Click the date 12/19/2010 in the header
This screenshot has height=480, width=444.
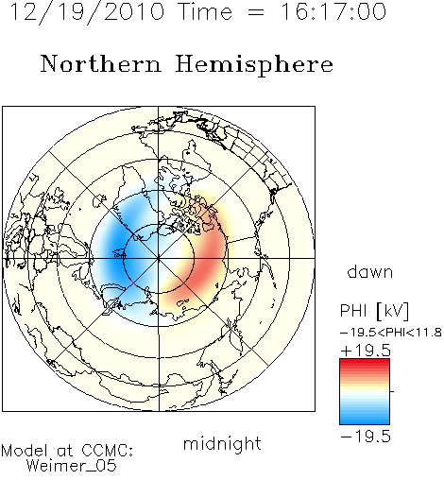click(87, 12)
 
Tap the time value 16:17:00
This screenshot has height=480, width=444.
click(333, 11)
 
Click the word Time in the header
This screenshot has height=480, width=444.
click(205, 11)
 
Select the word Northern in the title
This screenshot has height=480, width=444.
click(101, 63)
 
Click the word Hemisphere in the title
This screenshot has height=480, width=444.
click(254, 65)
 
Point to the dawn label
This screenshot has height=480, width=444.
click(370, 271)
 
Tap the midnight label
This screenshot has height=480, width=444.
click(222, 443)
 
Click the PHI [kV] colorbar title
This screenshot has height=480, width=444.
click(374, 311)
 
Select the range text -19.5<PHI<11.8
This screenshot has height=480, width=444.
click(391, 333)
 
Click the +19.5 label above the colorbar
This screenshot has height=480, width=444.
click(366, 351)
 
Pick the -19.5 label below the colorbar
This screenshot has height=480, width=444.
click(366, 437)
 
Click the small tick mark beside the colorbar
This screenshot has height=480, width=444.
click(392, 391)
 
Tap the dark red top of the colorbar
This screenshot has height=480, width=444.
click(365, 362)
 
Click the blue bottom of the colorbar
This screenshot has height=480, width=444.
click(365, 420)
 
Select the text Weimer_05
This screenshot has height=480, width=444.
click(72, 466)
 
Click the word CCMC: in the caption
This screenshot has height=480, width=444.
click(107, 451)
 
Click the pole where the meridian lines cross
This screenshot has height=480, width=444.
click(159, 259)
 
